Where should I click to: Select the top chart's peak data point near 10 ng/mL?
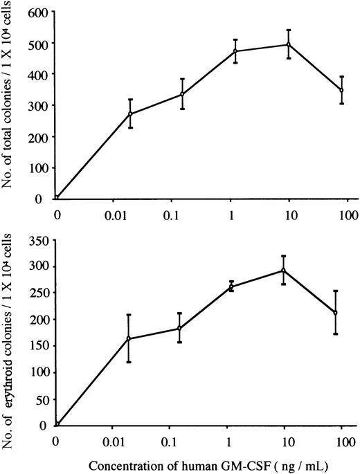click(289, 44)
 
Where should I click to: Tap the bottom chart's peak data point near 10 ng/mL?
click(284, 270)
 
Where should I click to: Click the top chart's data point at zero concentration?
click(57, 198)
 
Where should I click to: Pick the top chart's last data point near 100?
click(341, 90)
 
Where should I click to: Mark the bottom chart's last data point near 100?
click(335, 313)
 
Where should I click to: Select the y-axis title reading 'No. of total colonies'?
click(10, 104)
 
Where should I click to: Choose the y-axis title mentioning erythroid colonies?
click(10, 332)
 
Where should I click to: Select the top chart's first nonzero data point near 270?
click(130, 113)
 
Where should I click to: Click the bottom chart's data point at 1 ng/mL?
click(231, 286)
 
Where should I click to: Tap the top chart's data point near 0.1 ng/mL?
click(181, 94)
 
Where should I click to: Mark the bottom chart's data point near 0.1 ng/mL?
click(179, 328)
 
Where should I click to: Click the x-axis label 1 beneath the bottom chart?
click(228, 441)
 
